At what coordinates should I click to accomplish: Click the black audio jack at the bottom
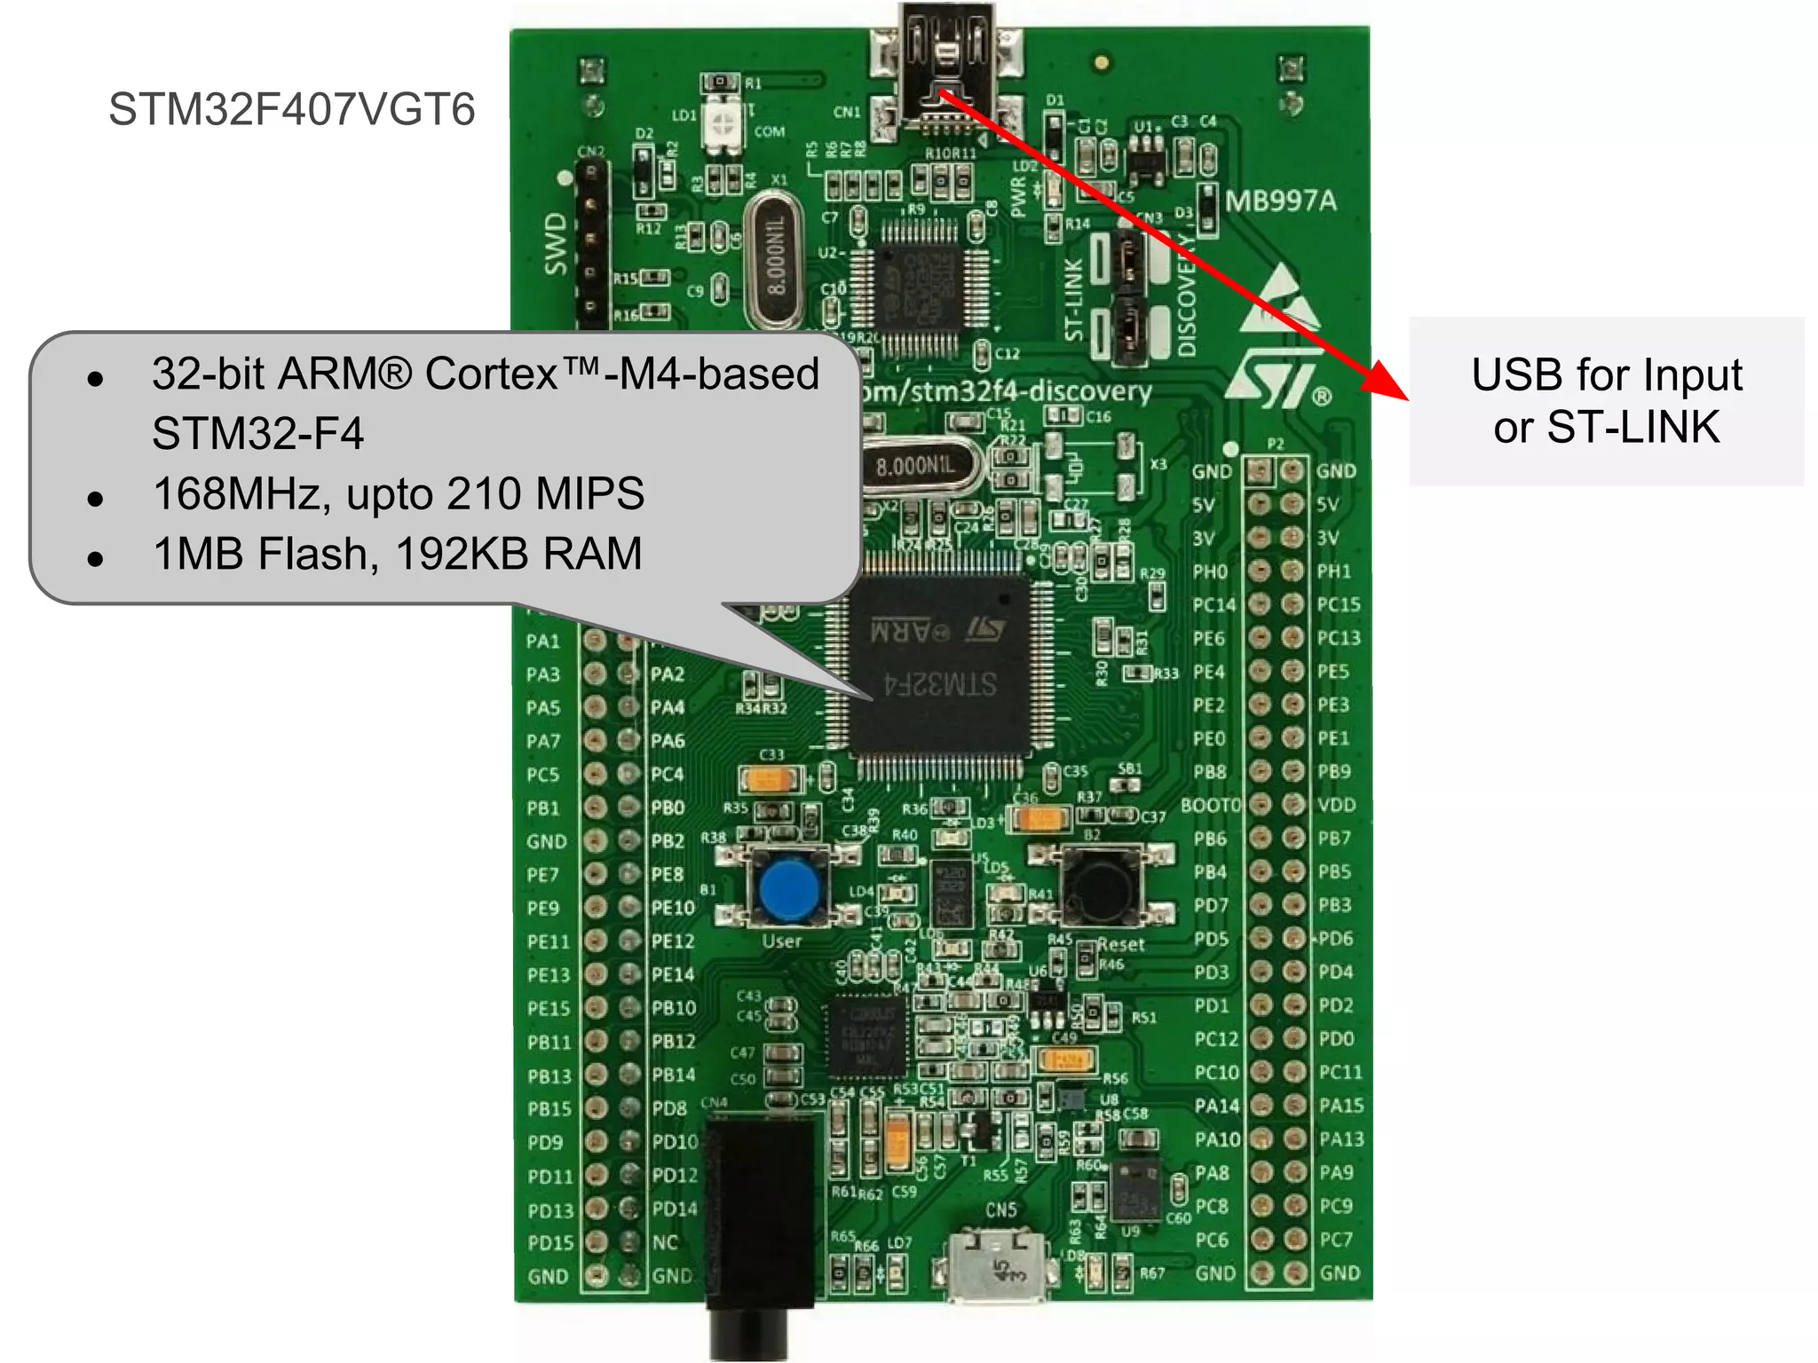tap(758, 1225)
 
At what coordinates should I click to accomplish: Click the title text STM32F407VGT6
tap(291, 110)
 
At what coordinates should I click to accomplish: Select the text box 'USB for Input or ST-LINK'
tap(1606, 401)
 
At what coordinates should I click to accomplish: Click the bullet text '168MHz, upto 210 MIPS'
tap(398, 493)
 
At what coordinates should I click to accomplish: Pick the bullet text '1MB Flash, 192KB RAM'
tap(397, 554)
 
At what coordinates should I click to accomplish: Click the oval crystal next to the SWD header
tap(774, 259)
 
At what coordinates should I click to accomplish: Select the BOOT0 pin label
tap(1210, 806)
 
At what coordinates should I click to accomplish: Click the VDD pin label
tap(1336, 806)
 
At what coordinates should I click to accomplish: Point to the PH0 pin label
tap(1209, 571)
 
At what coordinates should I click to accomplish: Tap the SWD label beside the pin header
tap(556, 244)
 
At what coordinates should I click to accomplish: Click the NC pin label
tap(665, 1242)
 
